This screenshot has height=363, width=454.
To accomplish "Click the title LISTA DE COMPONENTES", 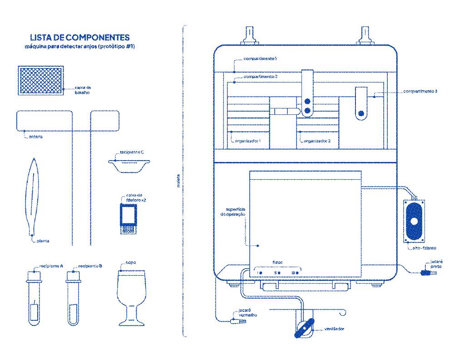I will [x=79, y=38].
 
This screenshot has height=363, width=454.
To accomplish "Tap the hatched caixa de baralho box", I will [x=41, y=81].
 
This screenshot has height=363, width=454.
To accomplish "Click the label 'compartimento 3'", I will [x=420, y=92].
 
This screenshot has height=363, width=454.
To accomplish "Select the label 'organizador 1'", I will [x=251, y=141].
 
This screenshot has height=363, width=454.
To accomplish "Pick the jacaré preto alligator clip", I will [x=425, y=273].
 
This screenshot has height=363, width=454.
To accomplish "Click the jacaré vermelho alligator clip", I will [x=236, y=321].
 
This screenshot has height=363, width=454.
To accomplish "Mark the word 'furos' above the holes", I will [x=278, y=263].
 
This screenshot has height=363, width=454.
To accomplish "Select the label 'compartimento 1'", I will [x=260, y=59].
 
